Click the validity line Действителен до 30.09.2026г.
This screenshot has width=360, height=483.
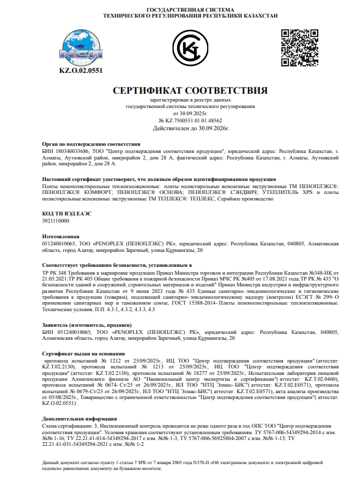[x=180, y=128]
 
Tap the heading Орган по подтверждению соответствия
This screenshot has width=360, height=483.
[x=91, y=143]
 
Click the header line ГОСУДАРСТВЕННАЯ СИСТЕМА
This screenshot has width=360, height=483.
[x=180, y=10]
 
